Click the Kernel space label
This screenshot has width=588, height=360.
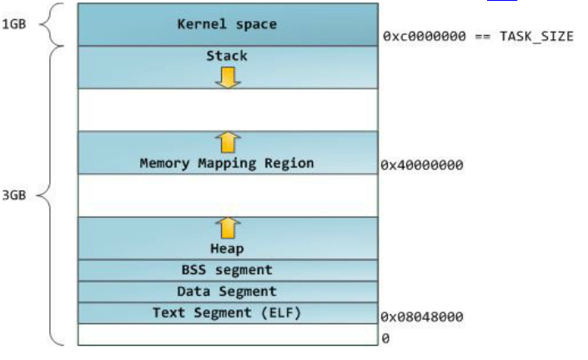[227, 24]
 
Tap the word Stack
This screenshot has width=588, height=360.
[227, 57]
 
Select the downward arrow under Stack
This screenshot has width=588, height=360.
[227, 77]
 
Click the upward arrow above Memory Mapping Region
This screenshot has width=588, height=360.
[227, 141]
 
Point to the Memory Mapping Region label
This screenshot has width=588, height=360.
[227, 163]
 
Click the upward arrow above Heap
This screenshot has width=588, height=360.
[227, 227]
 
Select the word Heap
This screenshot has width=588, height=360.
[227, 248]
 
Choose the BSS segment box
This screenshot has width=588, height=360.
[227, 270]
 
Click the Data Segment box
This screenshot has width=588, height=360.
[227, 292]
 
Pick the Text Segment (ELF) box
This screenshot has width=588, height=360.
[227, 313]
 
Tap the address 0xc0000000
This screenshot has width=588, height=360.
[424, 37]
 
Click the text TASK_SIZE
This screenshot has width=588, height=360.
[537, 37]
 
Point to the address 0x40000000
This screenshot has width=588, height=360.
[421, 165]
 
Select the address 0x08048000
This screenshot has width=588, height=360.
[421, 317]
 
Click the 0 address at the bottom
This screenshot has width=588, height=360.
[385, 338]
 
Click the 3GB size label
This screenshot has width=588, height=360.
[14, 195]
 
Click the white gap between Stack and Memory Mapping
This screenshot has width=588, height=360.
[227, 109]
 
